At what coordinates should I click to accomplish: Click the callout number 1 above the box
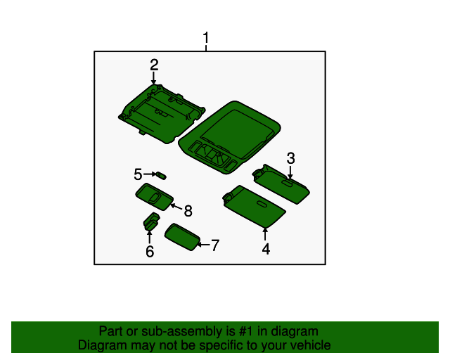206,37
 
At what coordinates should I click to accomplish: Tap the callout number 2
154,65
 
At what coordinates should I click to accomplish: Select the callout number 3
290,158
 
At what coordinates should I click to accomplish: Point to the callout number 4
266,249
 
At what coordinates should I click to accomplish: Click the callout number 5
138,174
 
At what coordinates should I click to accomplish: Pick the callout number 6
150,252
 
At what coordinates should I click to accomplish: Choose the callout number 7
215,245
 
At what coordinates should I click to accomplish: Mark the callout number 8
188,211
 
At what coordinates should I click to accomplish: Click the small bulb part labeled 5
161,175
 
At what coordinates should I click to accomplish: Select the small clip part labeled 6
151,221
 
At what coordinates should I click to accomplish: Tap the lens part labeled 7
182,237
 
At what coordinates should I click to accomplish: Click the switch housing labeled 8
155,197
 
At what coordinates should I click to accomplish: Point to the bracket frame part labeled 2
162,114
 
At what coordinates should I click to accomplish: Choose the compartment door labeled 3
281,184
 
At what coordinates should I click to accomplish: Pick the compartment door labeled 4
254,207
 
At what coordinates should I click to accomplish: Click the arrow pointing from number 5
150,174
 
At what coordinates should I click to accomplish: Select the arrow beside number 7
204,245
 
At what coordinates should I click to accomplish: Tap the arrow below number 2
154,78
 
